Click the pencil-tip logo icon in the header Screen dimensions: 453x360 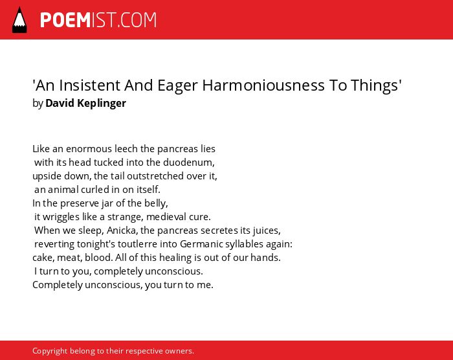click(x=19, y=20)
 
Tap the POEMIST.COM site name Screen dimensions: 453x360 click(x=98, y=20)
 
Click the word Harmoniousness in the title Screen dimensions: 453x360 click(x=263, y=85)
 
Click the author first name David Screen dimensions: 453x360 click(x=60, y=103)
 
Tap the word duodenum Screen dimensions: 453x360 click(x=189, y=163)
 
